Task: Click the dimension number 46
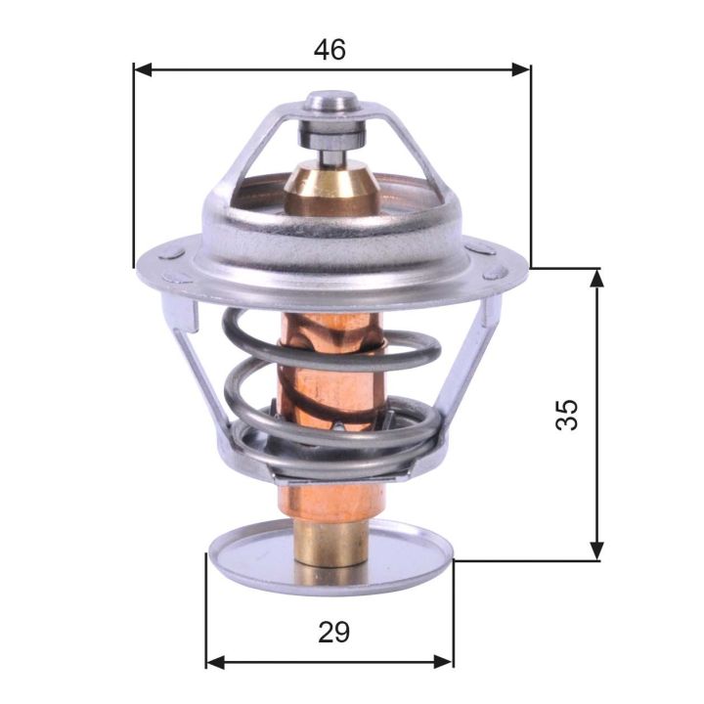330,50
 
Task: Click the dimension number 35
567,414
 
